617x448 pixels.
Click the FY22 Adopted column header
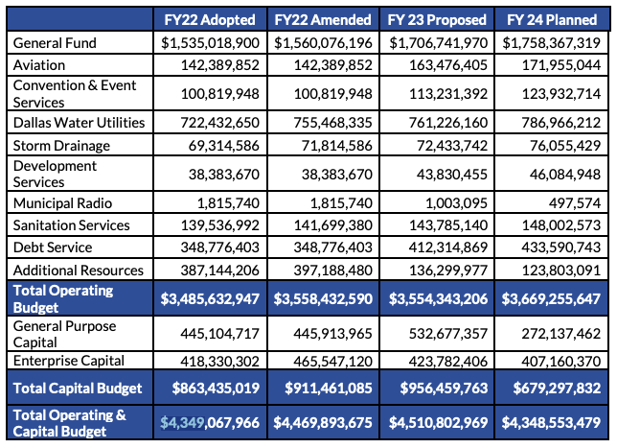(211, 19)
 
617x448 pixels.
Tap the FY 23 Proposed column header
(439, 19)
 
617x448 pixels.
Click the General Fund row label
(54, 43)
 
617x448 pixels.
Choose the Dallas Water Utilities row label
(79, 123)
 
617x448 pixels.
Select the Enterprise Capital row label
(71, 361)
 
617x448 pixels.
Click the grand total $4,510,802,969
(439, 422)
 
